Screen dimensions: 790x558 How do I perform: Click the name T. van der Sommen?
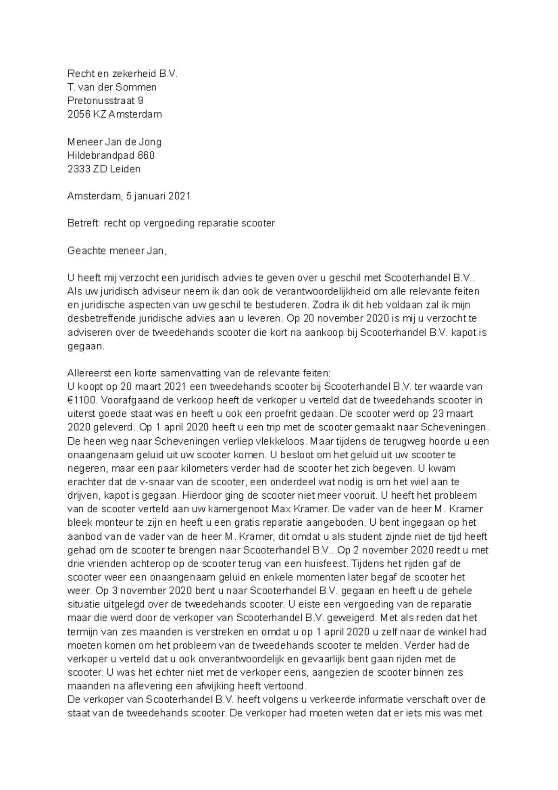click(x=112, y=87)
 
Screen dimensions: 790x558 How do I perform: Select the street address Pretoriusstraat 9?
click(x=106, y=100)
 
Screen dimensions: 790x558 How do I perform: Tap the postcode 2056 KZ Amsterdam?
click(x=115, y=114)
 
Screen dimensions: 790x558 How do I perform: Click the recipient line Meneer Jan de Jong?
click(x=114, y=141)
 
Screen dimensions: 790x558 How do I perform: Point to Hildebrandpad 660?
click(x=111, y=155)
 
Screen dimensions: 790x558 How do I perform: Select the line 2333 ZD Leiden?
click(x=104, y=169)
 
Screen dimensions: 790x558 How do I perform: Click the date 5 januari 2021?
click(x=159, y=196)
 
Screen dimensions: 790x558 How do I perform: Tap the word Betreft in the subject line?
click(x=83, y=223)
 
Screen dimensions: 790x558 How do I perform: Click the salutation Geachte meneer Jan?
click(x=116, y=251)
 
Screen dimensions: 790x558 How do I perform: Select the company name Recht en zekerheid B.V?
click(x=123, y=74)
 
